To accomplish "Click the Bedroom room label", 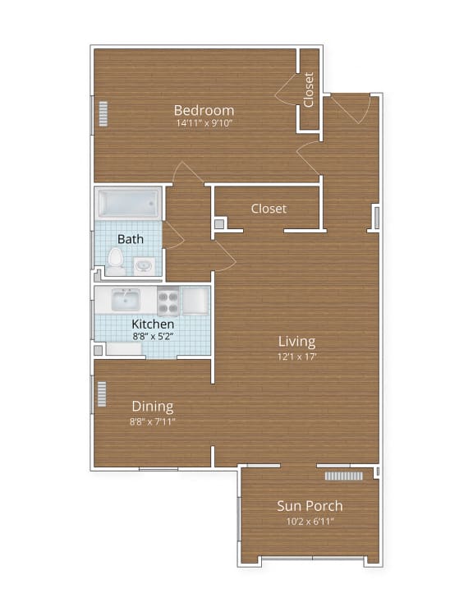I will pyautogui.click(x=204, y=110).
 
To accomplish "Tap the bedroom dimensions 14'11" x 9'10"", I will pyautogui.click(x=204, y=124).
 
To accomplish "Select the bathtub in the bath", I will pyautogui.click(x=128, y=203).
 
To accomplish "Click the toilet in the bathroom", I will pyautogui.click(x=116, y=260).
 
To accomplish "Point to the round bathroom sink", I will pyautogui.click(x=144, y=265).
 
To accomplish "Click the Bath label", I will pyautogui.click(x=130, y=239).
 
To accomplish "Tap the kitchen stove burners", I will pyautogui.click(x=168, y=301).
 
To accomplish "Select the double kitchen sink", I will pyautogui.click(x=125, y=299).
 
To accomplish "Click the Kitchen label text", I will pyautogui.click(x=153, y=324).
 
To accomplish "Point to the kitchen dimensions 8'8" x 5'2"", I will pyautogui.click(x=153, y=336).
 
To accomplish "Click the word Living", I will pyautogui.click(x=296, y=342).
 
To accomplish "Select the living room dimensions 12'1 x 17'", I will pyautogui.click(x=296, y=356).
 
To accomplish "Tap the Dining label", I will pyautogui.click(x=153, y=406).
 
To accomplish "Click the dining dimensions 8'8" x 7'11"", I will pyautogui.click(x=153, y=421).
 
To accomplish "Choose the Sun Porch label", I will pyautogui.click(x=310, y=506).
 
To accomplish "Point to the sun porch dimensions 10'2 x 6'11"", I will pyautogui.click(x=310, y=521).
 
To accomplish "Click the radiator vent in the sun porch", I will pyautogui.click(x=343, y=476).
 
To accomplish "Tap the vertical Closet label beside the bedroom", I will pyautogui.click(x=309, y=90).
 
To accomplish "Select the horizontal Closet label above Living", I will pyautogui.click(x=269, y=209).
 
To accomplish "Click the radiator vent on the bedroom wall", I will pyautogui.click(x=103, y=114).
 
